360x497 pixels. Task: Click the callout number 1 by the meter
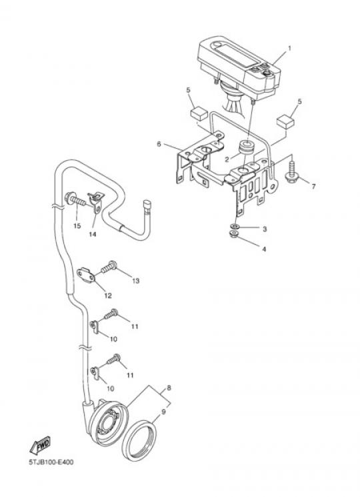pos(289,49)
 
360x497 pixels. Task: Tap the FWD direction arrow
pos(40,445)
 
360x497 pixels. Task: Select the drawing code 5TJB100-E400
pos(51,462)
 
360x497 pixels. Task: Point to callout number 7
pos(313,186)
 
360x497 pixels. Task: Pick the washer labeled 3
pos(235,226)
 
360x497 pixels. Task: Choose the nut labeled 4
pos(234,235)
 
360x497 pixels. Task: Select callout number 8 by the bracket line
pos(169,388)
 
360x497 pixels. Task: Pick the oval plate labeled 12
pos(86,275)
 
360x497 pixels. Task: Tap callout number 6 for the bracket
pos(159,144)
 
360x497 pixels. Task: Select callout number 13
pos(135,281)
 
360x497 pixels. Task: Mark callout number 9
pos(164,412)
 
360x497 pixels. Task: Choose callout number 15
pos(77,226)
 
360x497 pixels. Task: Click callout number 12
pos(108,296)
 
